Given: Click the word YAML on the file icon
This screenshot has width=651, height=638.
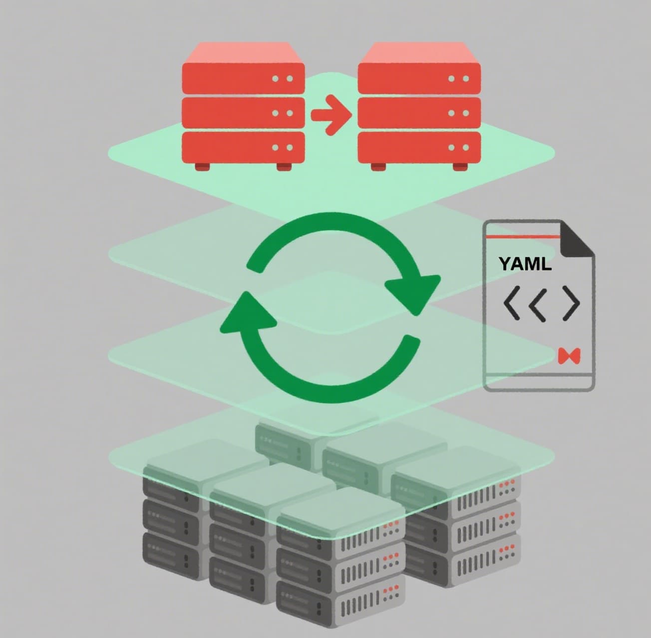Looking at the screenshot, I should pyautogui.click(x=525, y=264).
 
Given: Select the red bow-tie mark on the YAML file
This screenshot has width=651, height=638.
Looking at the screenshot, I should pyautogui.click(x=569, y=356).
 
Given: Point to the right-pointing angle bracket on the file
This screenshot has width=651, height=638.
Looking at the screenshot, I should pyautogui.click(x=572, y=303).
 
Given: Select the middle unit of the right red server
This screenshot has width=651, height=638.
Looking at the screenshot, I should pyautogui.click(x=419, y=112).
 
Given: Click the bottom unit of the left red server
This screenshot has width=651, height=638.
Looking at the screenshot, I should pyautogui.click(x=243, y=147).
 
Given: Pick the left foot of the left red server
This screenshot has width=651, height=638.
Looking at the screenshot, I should pyautogui.click(x=202, y=166).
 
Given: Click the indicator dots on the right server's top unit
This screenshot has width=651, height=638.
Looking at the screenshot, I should pyautogui.click(x=458, y=79).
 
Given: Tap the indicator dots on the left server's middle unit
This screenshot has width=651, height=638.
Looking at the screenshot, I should pyautogui.click(x=283, y=113).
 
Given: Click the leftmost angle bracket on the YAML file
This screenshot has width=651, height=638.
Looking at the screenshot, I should pyautogui.click(x=512, y=303).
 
